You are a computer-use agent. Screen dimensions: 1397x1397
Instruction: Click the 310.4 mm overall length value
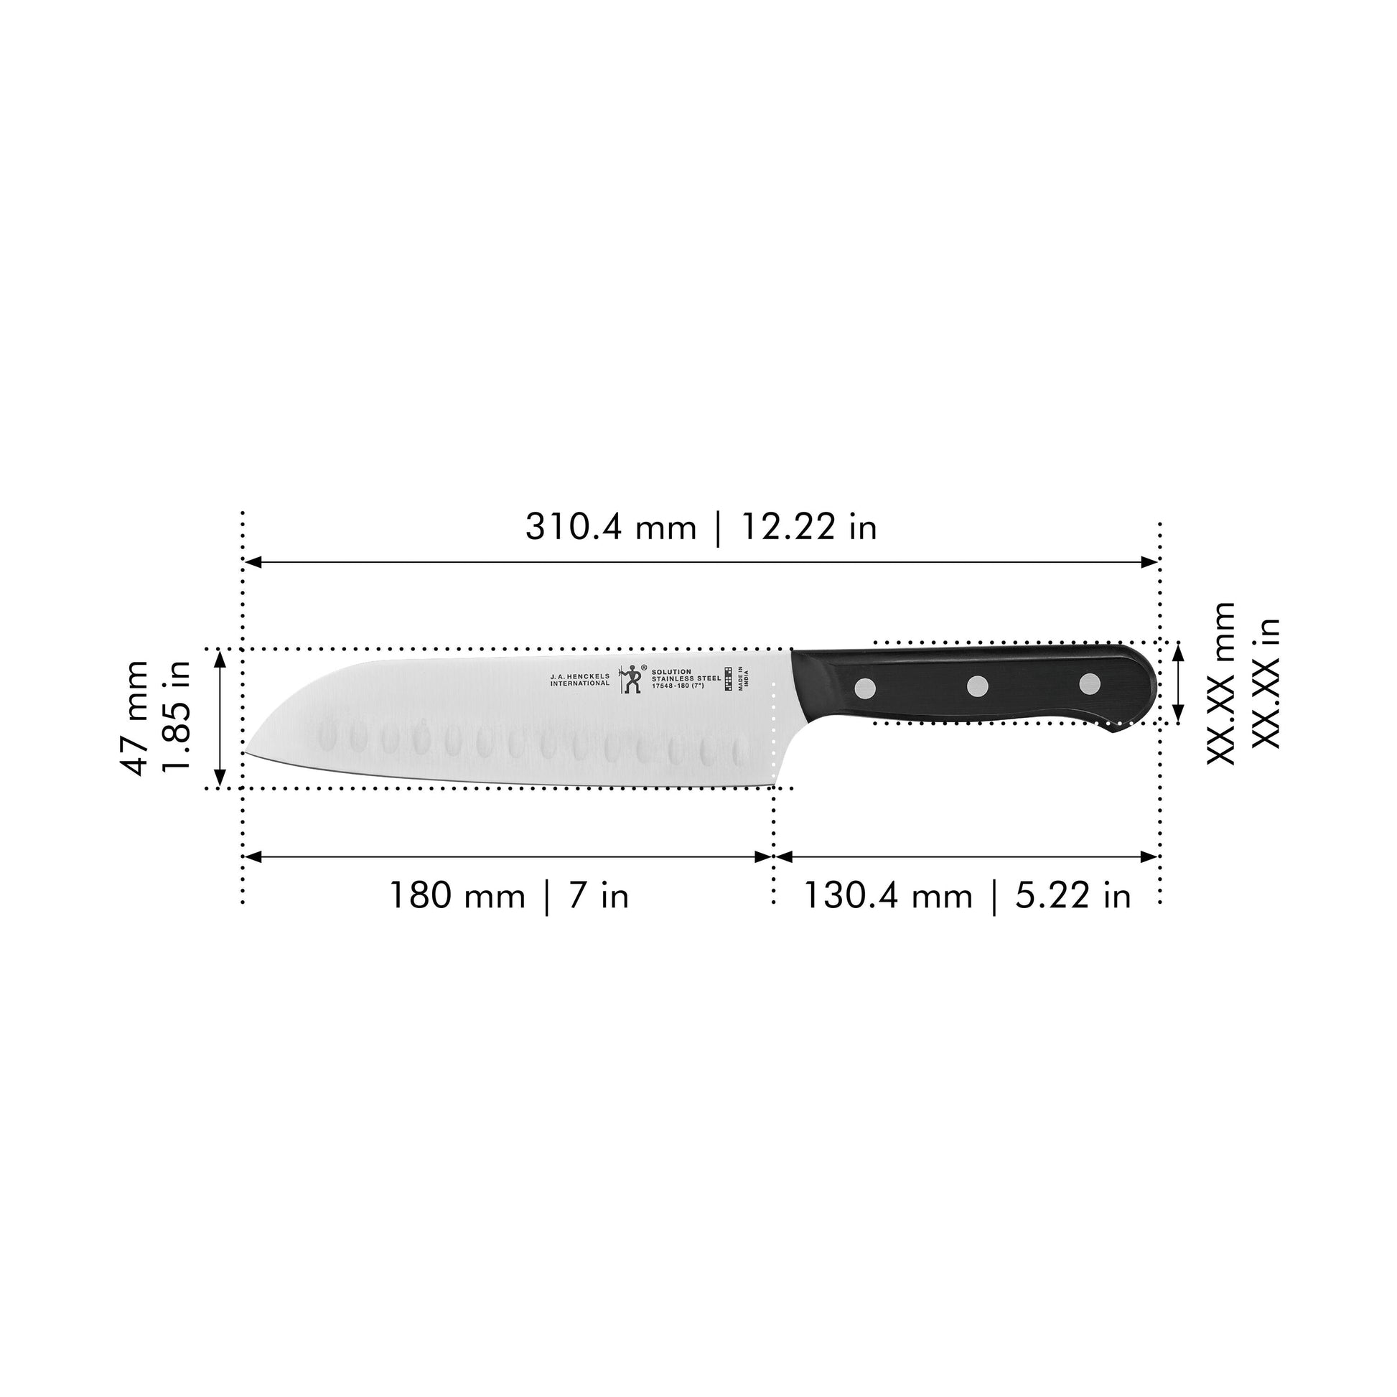(609, 527)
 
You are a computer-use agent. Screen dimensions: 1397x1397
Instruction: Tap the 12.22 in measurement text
(808, 527)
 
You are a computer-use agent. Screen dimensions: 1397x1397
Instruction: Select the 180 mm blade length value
(457, 896)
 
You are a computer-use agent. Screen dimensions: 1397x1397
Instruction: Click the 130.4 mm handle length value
(888, 896)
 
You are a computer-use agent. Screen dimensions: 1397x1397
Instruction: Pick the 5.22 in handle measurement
(1073, 896)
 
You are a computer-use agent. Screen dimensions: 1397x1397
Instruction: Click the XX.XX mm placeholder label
(1221, 683)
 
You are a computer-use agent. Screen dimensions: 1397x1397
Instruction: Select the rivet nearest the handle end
(1090, 683)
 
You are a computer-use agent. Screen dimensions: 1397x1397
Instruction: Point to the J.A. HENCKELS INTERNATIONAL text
(580, 680)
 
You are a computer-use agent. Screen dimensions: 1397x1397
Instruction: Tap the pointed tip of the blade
(244, 754)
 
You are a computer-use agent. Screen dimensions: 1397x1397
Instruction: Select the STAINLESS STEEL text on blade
(686, 678)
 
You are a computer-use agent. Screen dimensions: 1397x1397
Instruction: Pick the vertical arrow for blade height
(220, 719)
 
